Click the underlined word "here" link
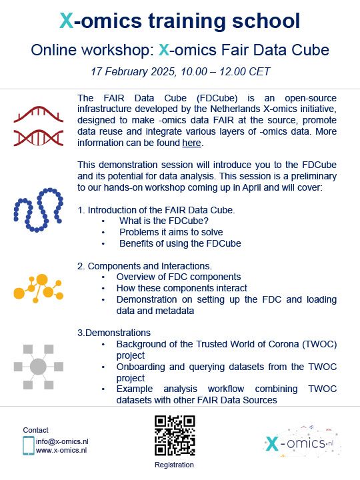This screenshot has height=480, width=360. click(x=191, y=143)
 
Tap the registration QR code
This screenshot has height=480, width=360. click(x=175, y=435)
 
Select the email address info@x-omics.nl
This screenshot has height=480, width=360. click(x=62, y=441)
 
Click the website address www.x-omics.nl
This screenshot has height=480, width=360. click(x=61, y=450)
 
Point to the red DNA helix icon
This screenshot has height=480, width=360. click(x=39, y=126)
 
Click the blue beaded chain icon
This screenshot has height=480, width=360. click(x=39, y=210)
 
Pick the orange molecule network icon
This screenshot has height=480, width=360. click(x=39, y=289)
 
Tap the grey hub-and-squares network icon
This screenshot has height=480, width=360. click(x=39, y=367)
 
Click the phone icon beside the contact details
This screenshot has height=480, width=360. click(x=29, y=446)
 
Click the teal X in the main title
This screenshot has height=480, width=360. click(x=67, y=21)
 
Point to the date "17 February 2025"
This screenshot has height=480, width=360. click(x=133, y=71)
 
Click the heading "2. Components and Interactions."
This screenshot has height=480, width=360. click(x=145, y=266)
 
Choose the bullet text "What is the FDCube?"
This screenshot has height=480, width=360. click(x=164, y=221)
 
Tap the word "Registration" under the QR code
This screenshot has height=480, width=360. click(x=174, y=465)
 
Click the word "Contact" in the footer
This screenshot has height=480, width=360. click(x=35, y=430)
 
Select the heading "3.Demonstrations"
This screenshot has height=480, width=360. click(x=114, y=333)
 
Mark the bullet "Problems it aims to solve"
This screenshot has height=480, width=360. click(x=171, y=232)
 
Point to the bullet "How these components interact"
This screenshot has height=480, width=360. click(x=182, y=288)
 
